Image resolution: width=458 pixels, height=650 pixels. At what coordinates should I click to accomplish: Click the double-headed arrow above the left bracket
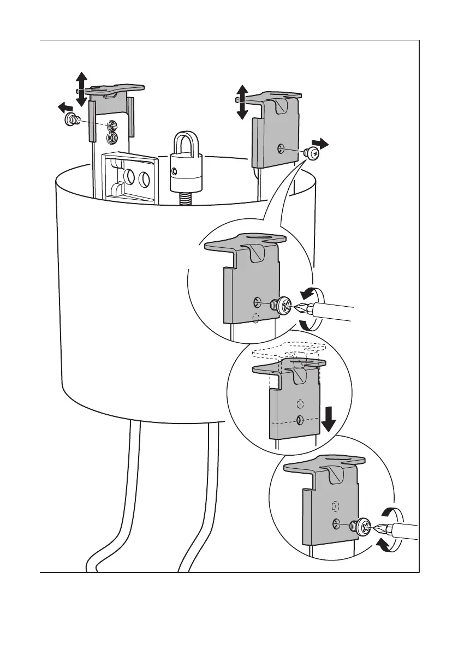(x=81, y=88)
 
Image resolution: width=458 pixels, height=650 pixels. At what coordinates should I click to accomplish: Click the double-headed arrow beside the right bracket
(x=242, y=102)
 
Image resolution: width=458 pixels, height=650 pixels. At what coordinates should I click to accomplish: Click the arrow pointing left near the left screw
(x=66, y=107)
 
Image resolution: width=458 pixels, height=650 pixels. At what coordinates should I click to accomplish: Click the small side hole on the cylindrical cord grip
(x=174, y=171)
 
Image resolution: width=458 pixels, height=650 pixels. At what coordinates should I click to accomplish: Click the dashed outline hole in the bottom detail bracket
(x=336, y=505)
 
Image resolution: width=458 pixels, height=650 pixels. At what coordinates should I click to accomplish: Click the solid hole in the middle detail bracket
(x=299, y=420)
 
